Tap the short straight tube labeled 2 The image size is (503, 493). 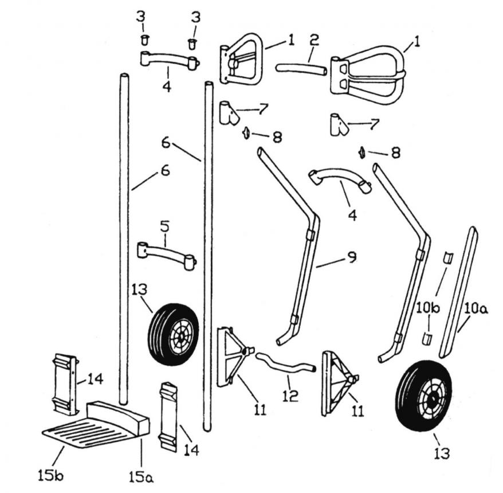[301, 69]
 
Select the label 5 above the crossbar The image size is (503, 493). [164, 227]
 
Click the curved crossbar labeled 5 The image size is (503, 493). [166, 252]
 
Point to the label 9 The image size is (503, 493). [351, 257]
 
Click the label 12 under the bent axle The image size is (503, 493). [290, 396]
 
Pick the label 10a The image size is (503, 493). [476, 311]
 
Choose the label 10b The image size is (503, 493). [428, 310]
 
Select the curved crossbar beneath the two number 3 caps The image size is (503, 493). [169, 60]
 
